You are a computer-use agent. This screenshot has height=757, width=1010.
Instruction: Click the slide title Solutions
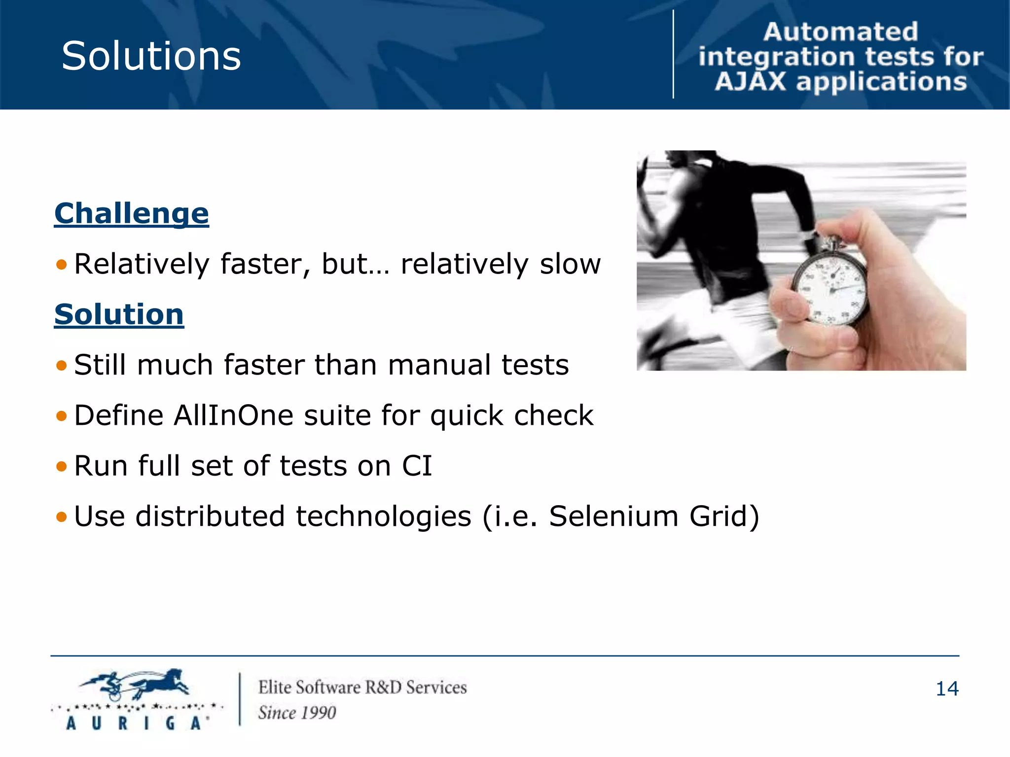point(151,56)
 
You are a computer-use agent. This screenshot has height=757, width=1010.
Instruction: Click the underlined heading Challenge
point(131,214)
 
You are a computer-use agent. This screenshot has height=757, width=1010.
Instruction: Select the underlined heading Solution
point(119,315)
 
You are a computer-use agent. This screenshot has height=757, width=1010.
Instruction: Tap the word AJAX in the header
point(750,82)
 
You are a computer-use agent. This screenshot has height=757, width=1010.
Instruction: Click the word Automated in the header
point(840,32)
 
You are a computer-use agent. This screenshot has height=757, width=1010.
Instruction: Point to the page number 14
point(947,689)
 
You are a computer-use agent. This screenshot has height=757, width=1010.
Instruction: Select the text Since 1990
point(297,713)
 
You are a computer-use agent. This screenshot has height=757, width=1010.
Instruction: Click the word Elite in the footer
point(274,688)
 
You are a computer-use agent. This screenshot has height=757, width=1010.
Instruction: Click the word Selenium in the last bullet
point(613,516)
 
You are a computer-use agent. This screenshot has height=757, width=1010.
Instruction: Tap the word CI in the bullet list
point(417,466)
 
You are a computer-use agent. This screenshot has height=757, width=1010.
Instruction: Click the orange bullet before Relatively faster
point(62,265)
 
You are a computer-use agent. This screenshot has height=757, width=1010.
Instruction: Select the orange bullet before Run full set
point(62,466)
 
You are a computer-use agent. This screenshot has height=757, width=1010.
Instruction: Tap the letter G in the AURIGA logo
point(170,723)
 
